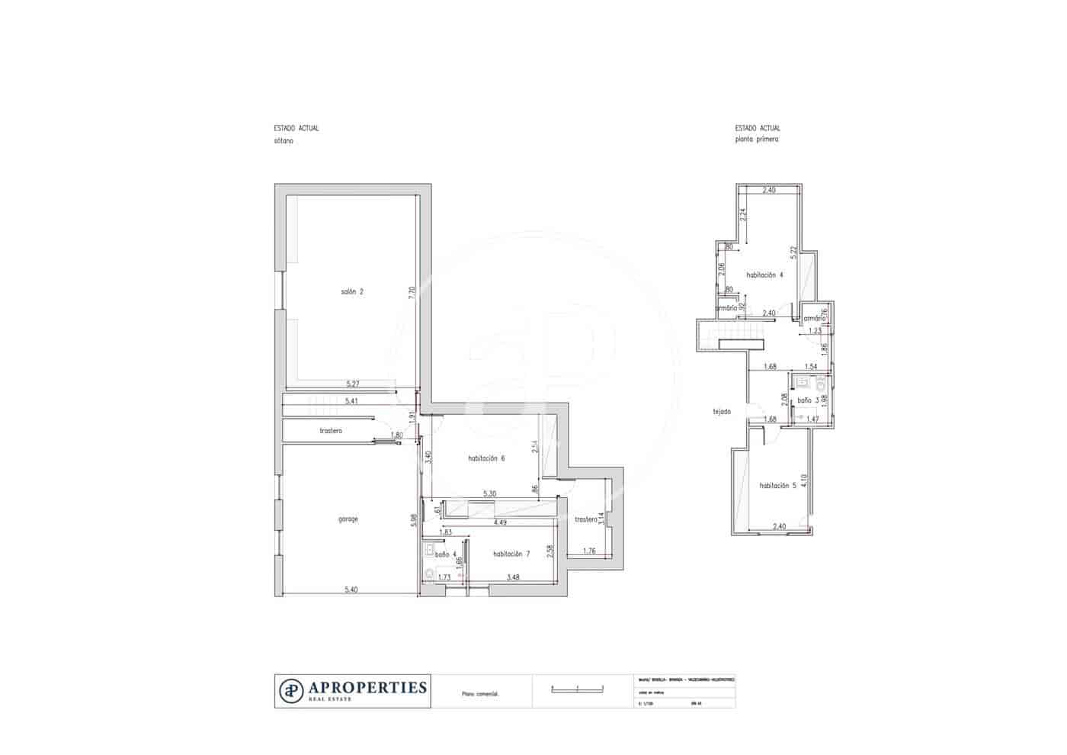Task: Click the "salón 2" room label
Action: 351,291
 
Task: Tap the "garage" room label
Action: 348,519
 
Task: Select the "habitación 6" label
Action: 486,458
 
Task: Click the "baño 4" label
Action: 445,554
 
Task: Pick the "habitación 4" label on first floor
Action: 764,275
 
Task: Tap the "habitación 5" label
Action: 777,486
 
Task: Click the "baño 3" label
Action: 808,400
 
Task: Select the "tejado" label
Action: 721,412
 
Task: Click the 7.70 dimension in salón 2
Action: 412,291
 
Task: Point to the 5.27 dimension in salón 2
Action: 352,384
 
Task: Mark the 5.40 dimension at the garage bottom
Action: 351,590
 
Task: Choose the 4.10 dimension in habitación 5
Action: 803,480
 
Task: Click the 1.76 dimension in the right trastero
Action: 589,551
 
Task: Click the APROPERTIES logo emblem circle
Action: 291,690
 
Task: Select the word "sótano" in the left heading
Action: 284,141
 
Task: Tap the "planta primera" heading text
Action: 757,140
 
